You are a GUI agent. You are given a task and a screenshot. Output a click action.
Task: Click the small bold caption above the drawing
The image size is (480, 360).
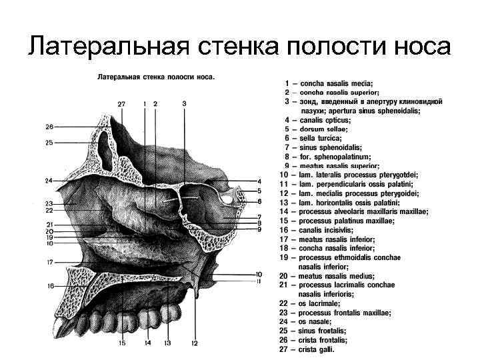pos(156,77)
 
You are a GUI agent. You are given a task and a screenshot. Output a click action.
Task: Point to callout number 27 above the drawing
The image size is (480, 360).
pos(121,104)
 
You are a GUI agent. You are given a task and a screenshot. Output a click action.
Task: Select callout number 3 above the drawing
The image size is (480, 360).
pos(184,104)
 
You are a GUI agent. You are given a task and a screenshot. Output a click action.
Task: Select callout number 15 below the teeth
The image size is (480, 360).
pos(123,343)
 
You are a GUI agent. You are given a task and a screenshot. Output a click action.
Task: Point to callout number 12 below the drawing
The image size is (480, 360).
pos(195,343)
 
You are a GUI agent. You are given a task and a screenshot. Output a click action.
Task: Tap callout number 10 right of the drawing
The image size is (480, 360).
pos(258,274)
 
